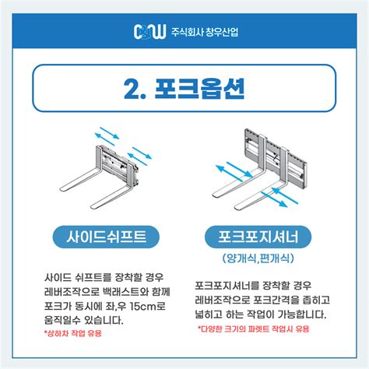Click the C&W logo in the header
148,33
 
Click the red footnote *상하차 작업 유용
74,333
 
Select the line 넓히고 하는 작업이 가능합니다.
260,315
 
